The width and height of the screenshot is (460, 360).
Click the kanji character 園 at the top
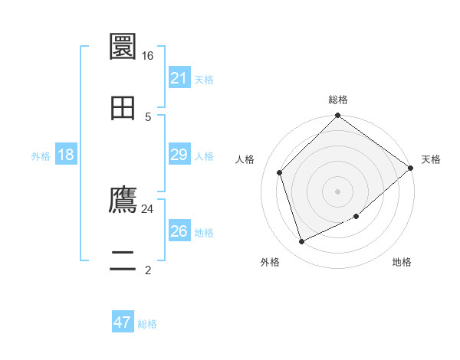point(123,47)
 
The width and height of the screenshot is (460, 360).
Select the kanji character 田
point(123,107)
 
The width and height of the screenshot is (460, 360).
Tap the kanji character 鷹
point(123,201)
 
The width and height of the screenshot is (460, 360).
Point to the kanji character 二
point(123,261)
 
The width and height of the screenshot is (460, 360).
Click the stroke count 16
point(147,56)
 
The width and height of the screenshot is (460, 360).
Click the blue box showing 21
point(179,78)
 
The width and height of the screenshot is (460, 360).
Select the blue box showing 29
point(179,155)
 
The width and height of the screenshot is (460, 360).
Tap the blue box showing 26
point(179,231)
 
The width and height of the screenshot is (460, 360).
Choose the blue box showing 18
point(66,155)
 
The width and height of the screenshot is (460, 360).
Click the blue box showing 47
point(123,322)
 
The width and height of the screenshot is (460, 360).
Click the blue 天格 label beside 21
point(204,79)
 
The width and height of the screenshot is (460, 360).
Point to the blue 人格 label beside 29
point(204,155)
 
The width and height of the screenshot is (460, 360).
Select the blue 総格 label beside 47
point(147,323)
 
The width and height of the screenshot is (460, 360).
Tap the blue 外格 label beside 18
point(41,155)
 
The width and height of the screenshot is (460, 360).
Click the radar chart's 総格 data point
point(337,116)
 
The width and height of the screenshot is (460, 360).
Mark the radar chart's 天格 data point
point(410,168)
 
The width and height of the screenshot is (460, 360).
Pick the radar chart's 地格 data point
point(356,217)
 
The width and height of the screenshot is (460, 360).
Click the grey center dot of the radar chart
point(337,191)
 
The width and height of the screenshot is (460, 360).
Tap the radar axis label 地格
point(402,262)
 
